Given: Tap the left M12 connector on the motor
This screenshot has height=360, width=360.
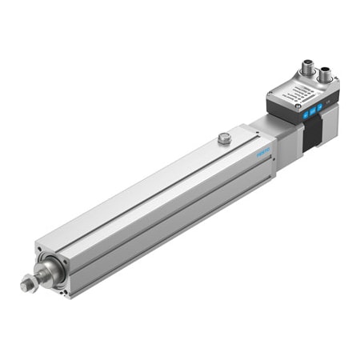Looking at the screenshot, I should (x=307, y=70).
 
